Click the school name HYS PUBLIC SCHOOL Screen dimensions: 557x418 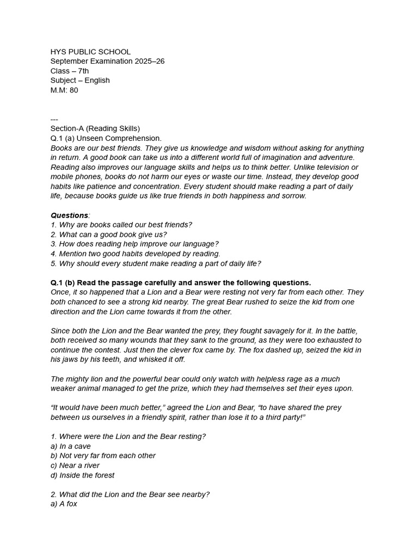pyautogui.click(x=90, y=52)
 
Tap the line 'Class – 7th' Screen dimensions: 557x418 pyautogui.click(x=70, y=71)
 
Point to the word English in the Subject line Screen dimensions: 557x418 pyautogui.click(x=97, y=81)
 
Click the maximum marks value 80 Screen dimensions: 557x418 pyautogui.click(x=73, y=90)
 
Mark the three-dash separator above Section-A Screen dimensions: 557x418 pyautogui.click(x=54, y=119)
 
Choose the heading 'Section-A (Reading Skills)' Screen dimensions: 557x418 pyautogui.click(x=95, y=128)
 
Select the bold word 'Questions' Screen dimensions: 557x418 pyautogui.click(x=69, y=215)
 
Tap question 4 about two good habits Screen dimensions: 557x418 pyautogui.click(x=136, y=253)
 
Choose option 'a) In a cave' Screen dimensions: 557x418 pyautogui.click(x=71, y=446)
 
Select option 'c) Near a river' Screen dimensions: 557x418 pyautogui.click(x=75, y=466)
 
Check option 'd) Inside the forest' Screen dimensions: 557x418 pyautogui.click(x=83, y=475)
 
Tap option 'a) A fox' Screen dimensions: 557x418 pyautogui.click(x=64, y=504)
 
